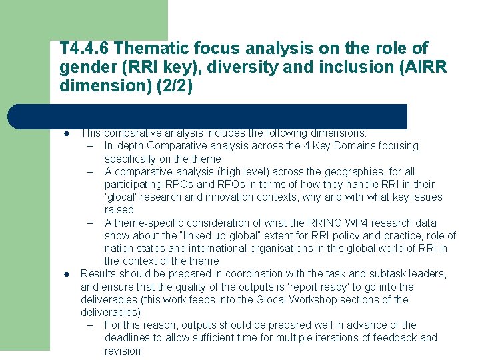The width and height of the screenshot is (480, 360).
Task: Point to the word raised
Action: pos(119,209)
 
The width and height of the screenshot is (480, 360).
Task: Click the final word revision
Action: pos(123,351)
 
